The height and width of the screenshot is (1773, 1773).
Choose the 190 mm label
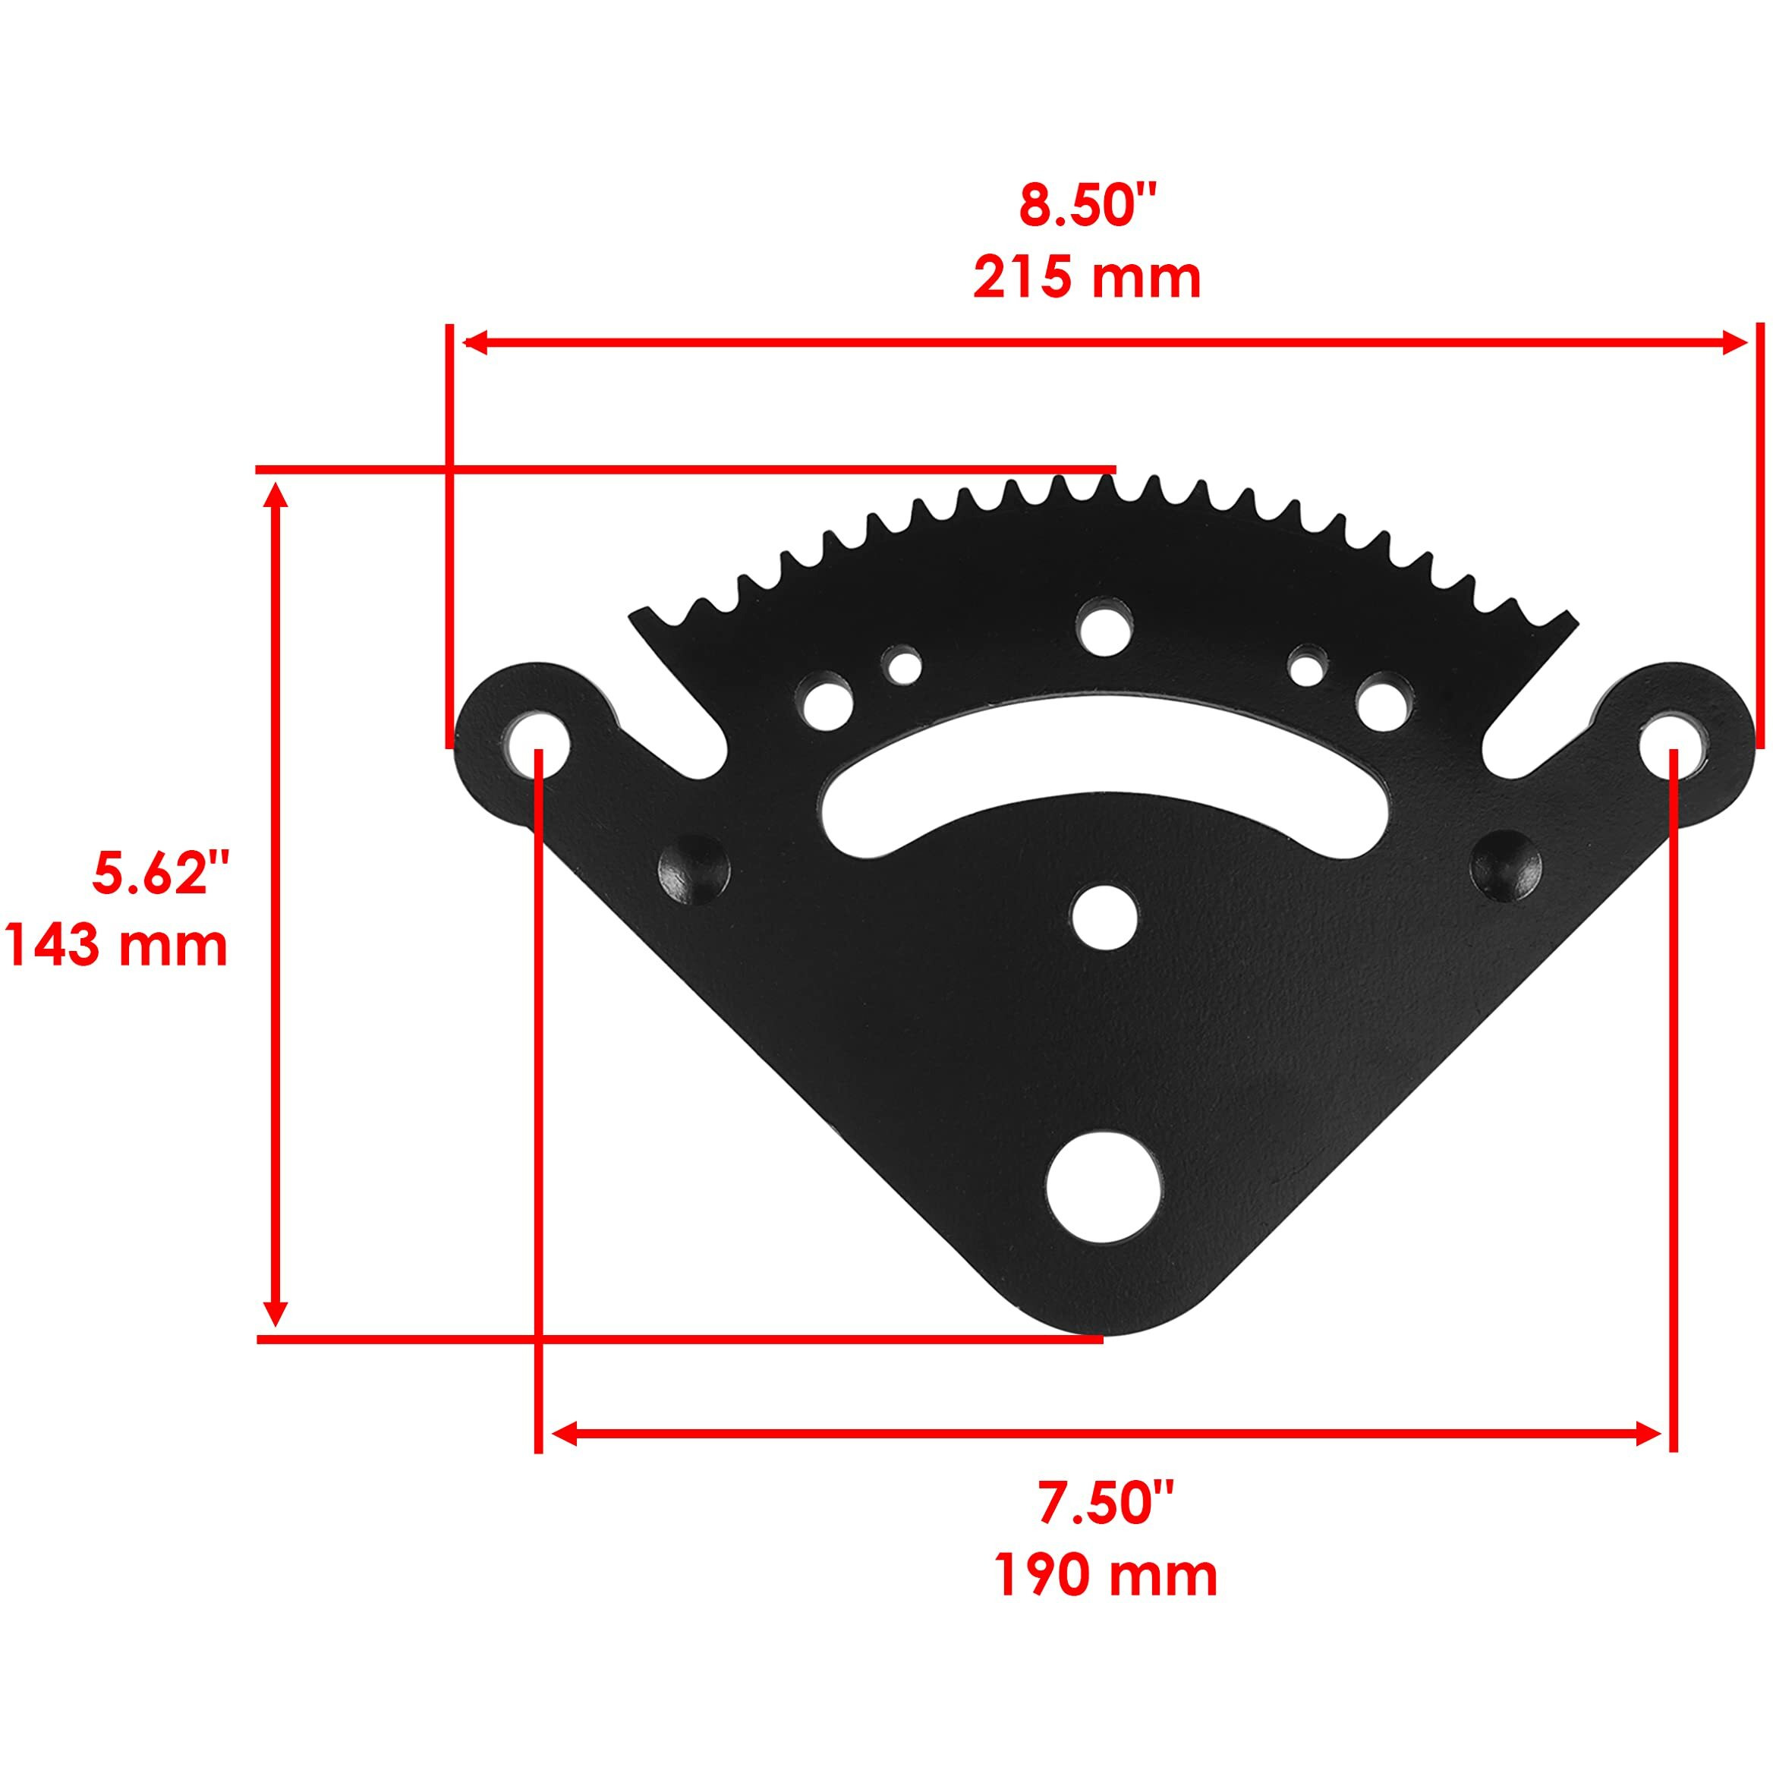point(1106,1575)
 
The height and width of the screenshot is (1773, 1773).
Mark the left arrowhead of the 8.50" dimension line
point(474,343)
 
